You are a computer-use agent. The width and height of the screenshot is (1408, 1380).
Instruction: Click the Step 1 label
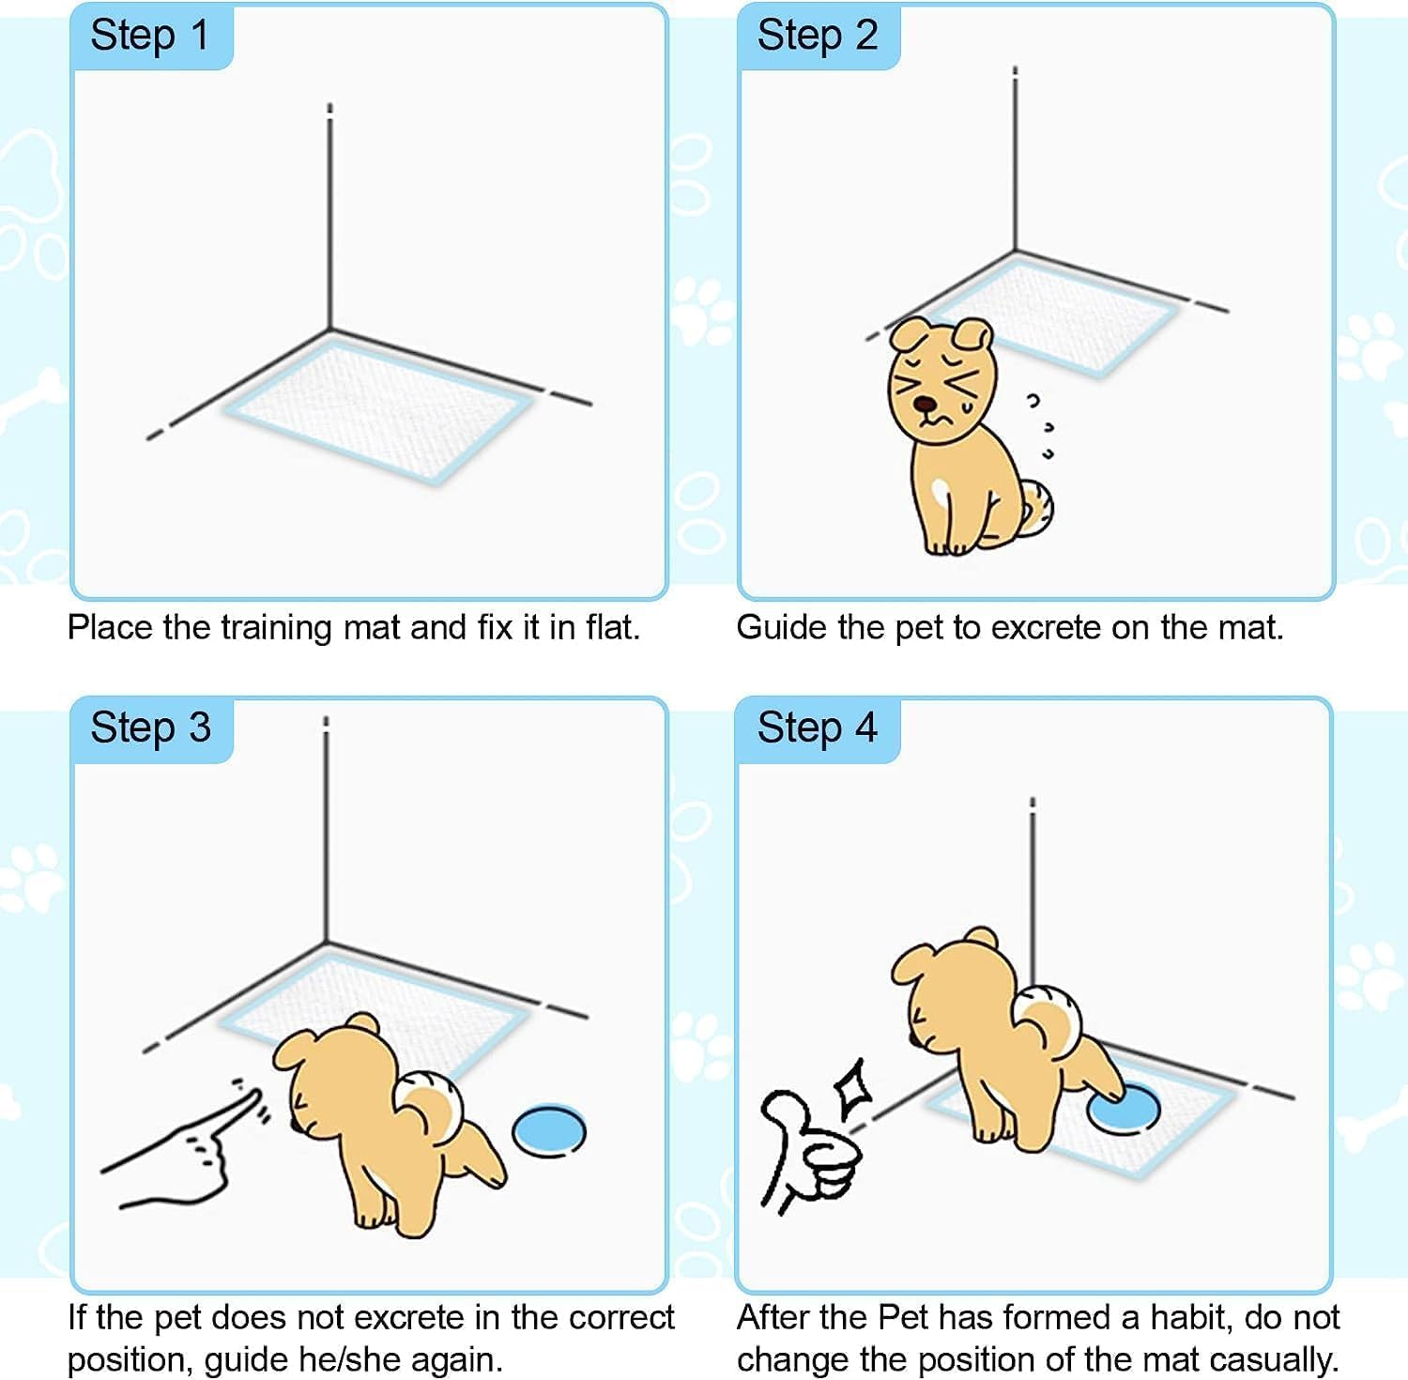[149, 37]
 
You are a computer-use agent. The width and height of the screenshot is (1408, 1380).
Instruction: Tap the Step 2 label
[817, 37]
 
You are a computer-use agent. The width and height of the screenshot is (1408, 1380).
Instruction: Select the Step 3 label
[150, 728]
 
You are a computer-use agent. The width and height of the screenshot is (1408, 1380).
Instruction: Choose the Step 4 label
[817, 728]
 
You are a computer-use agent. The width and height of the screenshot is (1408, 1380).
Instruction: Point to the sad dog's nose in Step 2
[926, 405]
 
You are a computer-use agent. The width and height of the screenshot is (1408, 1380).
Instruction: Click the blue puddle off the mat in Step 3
[549, 1130]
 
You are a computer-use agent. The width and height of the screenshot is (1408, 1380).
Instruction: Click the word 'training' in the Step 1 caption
[277, 628]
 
